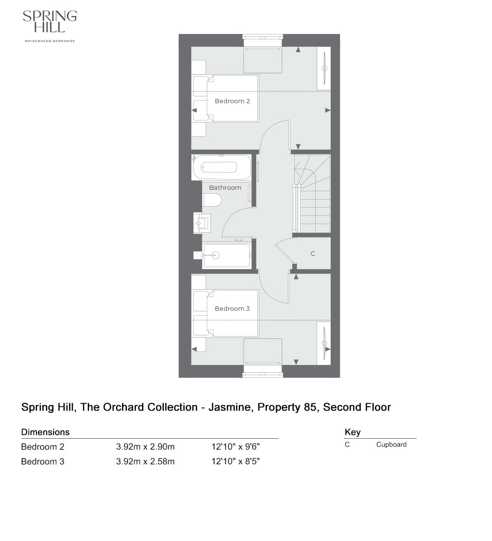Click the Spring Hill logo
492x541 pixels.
[50, 22]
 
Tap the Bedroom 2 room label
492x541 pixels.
[232, 101]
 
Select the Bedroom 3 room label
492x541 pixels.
[232, 308]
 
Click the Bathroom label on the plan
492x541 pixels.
[225, 187]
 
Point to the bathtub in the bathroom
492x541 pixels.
[222, 167]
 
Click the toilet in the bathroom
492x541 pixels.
[212, 200]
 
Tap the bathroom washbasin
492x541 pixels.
[202, 223]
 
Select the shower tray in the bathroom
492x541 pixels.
[227, 255]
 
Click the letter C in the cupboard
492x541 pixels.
[312, 254]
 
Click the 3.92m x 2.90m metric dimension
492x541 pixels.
[145, 447]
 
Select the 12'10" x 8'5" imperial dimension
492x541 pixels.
[235, 462]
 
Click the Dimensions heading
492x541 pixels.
[45, 432]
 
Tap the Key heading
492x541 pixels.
[352, 432]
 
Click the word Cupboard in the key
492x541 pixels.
[391, 445]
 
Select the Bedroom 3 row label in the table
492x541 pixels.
[43, 462]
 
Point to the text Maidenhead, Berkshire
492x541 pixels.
[50, 41]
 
